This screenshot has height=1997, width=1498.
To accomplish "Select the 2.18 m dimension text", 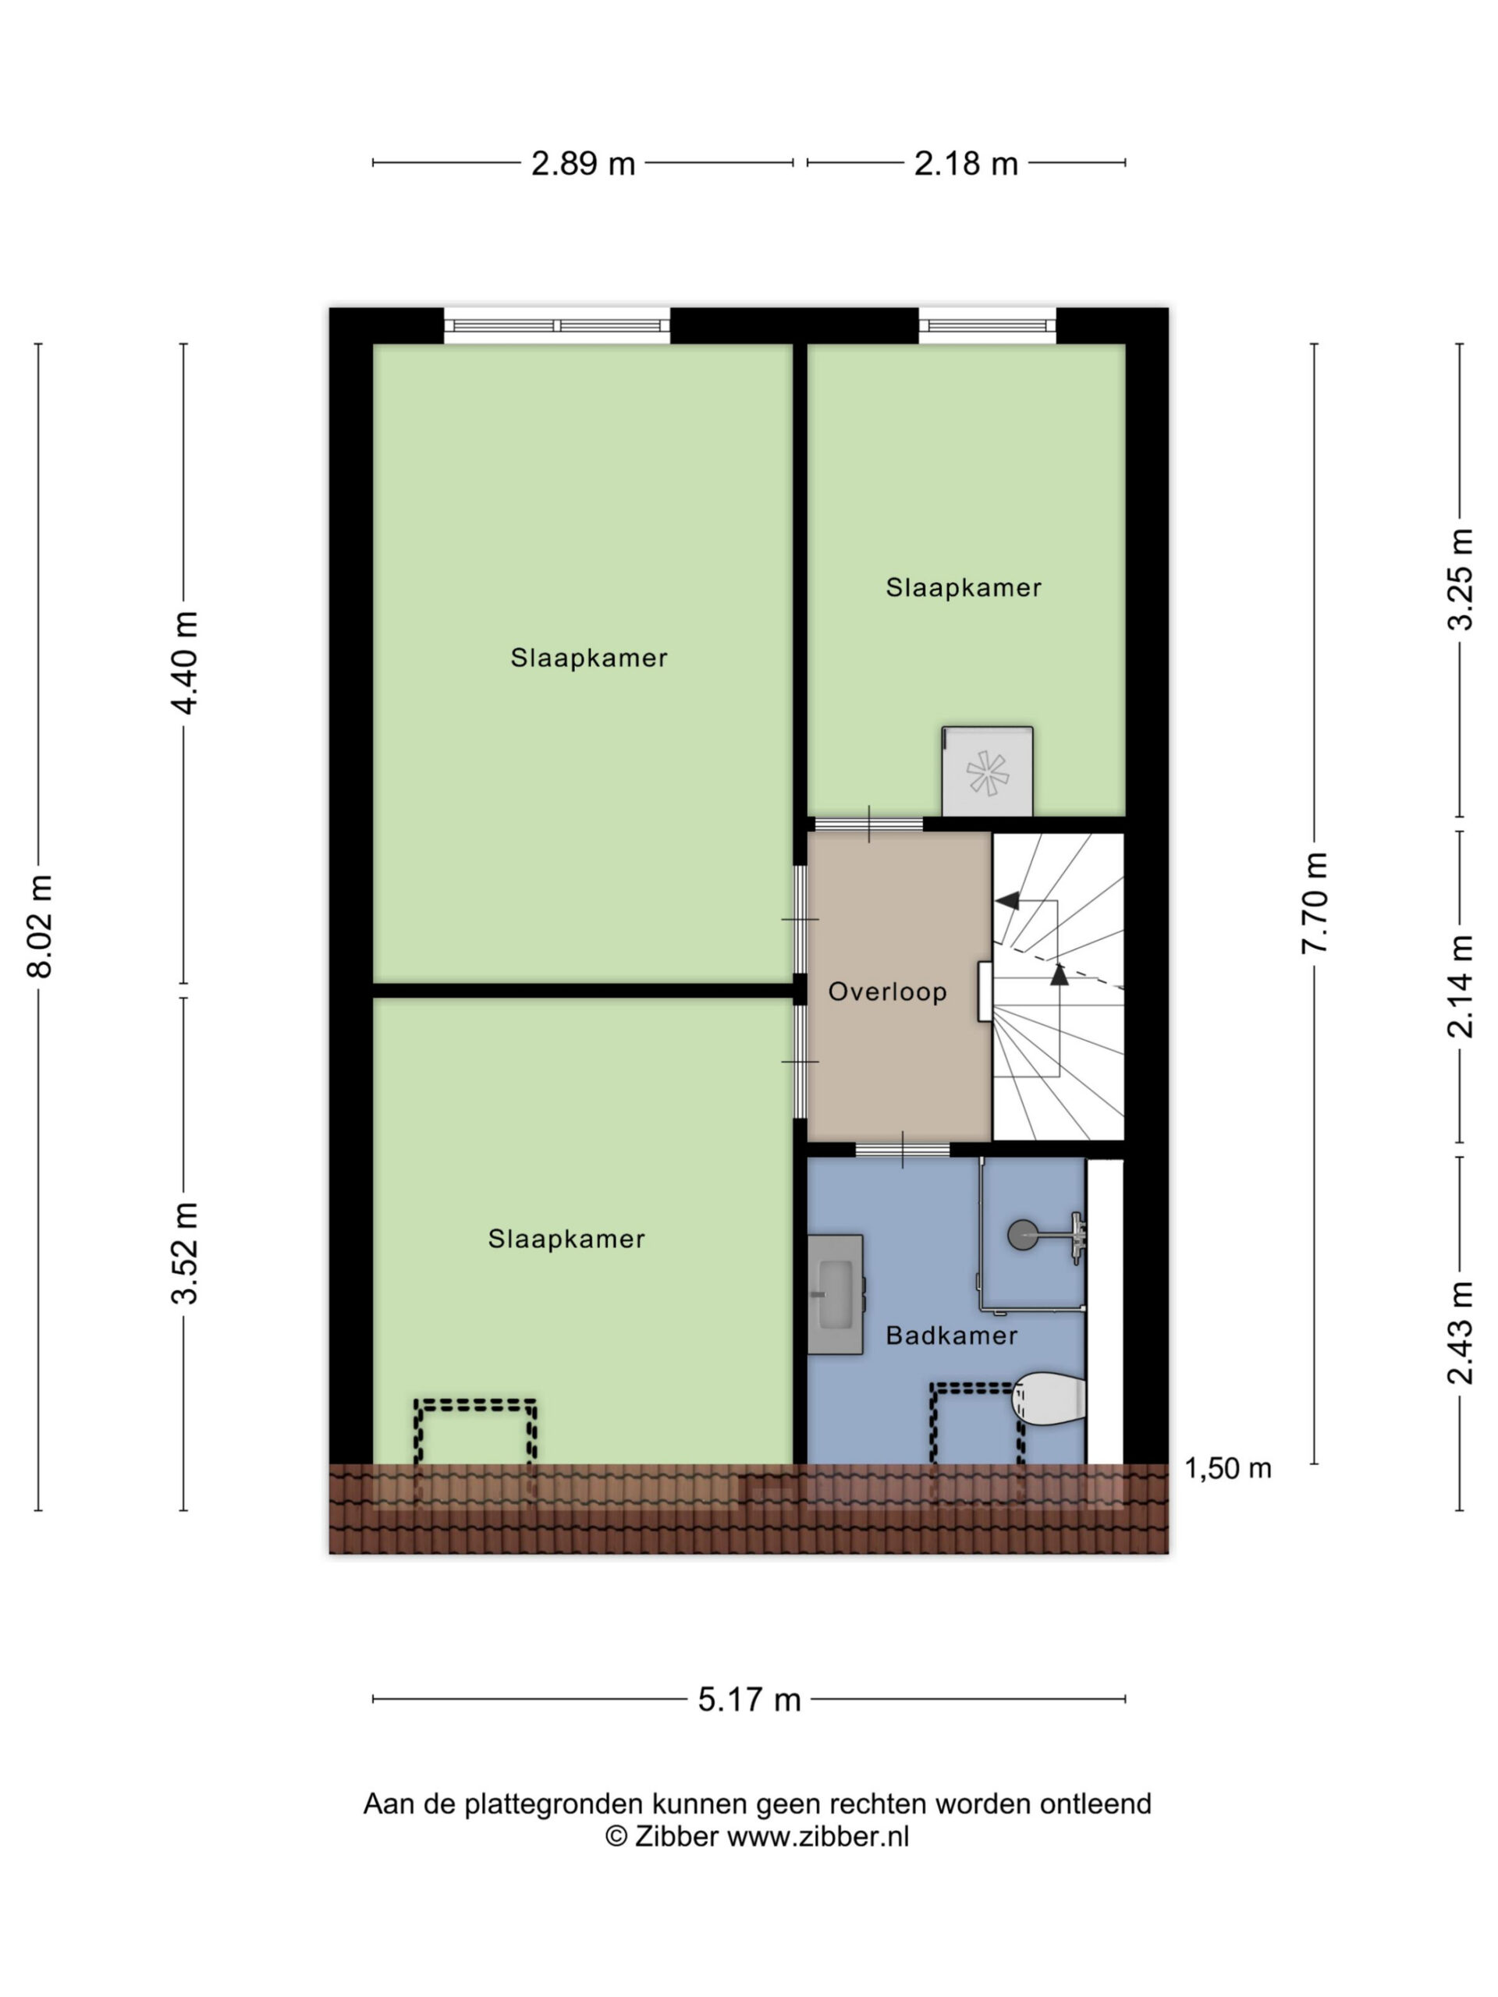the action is (965, 163).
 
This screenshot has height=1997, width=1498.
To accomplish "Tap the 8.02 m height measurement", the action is (41, 925).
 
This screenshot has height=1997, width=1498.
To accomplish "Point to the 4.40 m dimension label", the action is (185, 662).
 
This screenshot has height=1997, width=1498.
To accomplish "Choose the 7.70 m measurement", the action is (1315, 903).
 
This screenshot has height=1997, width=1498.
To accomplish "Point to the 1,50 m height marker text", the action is (1227, 1469).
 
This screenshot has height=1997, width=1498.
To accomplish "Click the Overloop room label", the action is (888, 992).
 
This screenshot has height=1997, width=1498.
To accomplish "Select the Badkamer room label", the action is (952, 1335).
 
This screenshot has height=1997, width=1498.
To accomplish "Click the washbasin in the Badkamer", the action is (836, 1295).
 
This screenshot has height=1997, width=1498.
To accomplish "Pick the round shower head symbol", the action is (1022, 1235).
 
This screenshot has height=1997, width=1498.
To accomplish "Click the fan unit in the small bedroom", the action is (987, 772).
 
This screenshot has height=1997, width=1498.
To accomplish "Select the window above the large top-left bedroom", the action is (557, 326).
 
